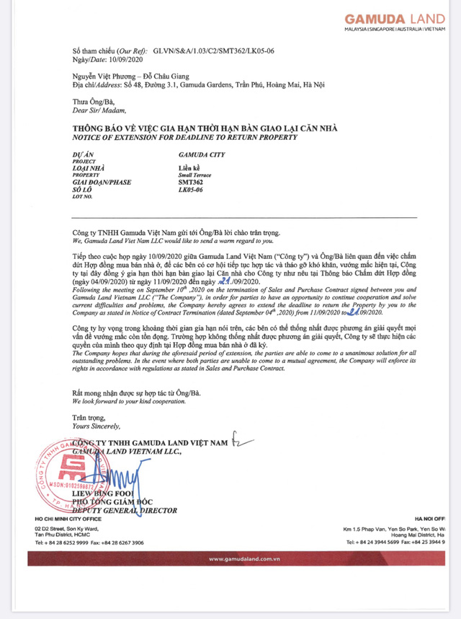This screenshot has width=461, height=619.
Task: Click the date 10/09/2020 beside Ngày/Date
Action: (x=133, y=61)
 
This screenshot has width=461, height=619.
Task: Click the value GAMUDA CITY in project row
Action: (x=200, y=154)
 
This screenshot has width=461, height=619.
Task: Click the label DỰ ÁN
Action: (x=84, y=154)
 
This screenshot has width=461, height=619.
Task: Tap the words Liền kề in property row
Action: (x=191, y=167)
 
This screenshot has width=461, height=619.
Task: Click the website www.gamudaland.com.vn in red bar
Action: (x=240, y=558)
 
